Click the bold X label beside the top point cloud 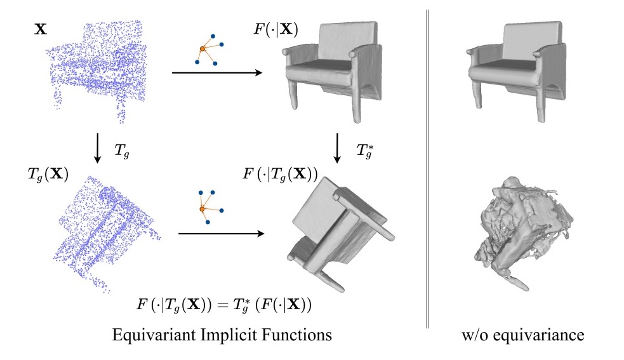pos(41,29)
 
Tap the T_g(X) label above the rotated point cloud pos(48,175)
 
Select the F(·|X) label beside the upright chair pos(275,29)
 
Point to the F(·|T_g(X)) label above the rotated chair pos(280,174)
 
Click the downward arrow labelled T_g pos(97,148)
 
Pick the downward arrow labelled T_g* pos(337,148)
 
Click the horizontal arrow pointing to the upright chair pos(217,72)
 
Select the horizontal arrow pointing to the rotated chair pos(222,234)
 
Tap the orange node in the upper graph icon pos(202,49)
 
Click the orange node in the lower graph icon pos(202,209)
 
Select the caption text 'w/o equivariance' pos(523,335)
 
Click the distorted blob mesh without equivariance pos(522,233)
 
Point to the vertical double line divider pos(428,169)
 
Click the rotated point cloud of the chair pos(107,233)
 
